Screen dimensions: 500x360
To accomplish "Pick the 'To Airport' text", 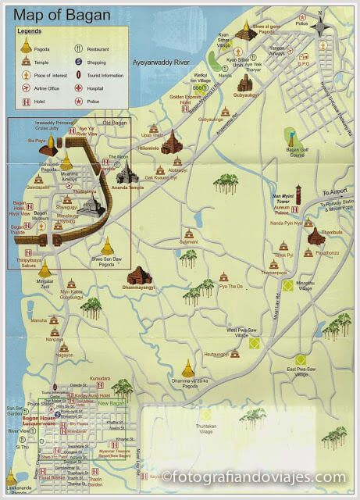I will tap(335, 191).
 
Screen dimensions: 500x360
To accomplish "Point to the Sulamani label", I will tap(189, 242).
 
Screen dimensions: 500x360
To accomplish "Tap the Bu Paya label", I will tap(36, 141).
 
